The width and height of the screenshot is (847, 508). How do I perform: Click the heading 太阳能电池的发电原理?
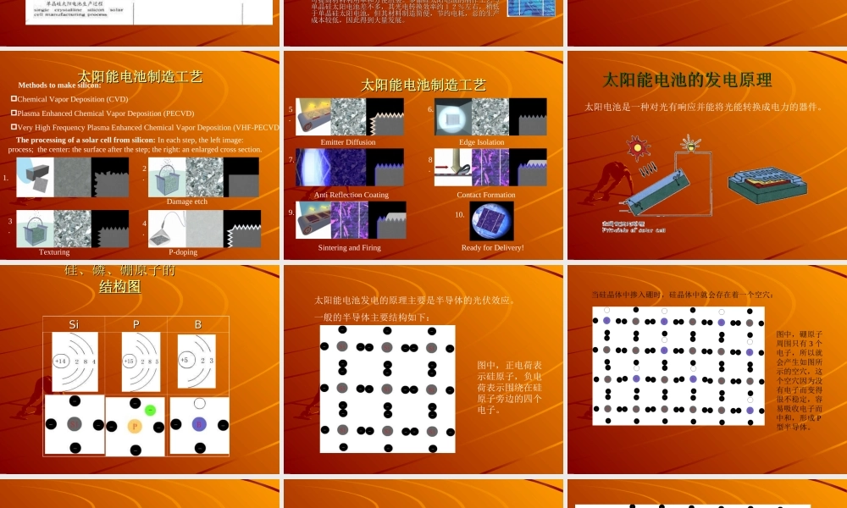[x=687, y=80]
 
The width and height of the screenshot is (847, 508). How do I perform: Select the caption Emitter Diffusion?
[x=348, y=142]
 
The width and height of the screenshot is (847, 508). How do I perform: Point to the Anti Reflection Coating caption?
[x=352, y=195]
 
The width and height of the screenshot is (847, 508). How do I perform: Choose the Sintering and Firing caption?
[x=350, y=248]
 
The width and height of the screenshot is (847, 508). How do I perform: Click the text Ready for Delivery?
[x=492, y=248]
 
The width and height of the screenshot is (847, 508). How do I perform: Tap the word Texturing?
[x=54, y=251]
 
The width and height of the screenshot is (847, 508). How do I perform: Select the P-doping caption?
[x=182, y=251]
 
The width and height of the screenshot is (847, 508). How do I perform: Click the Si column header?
[x=74, y=324]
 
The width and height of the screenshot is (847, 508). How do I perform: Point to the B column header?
[x=198, y=324]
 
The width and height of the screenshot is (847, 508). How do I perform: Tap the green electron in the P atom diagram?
[x=150, y=410]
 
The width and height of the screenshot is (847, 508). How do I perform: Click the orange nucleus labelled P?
[x=133, y=426]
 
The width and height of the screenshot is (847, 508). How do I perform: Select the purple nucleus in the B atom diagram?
[x=199, y=424]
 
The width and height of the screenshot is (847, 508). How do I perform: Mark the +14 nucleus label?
[x=61, y=362]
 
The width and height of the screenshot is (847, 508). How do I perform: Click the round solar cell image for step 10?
[x=491, y=220]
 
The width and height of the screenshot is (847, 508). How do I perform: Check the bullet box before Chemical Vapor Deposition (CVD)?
[x=14, y=99]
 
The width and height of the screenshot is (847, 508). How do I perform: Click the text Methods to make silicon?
[x=59, y=86]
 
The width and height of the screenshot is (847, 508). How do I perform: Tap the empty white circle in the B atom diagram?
[x=199, y=404]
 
